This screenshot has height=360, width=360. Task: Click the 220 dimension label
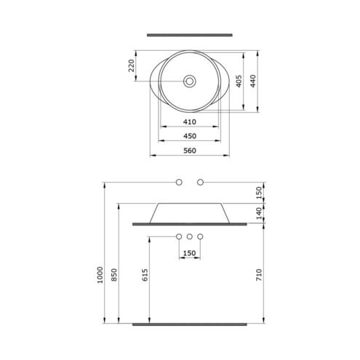pyautogui.click(x=131, y=65)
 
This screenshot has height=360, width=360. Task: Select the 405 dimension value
pyautogui.click(x=239, y=81)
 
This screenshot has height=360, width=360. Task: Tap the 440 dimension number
pyautogui.click(x=253, y=81)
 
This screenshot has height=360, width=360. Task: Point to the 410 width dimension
pyautogui.click(x=189, y=121)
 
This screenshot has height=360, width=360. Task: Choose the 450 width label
pyautogui.click(x=189, y=136)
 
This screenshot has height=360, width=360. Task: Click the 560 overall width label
pyautogui.click(x=189, y=151)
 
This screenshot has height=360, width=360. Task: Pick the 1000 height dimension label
pyautogui.click(x=100, y=275)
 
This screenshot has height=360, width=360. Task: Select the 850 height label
pyautogui.click(x=114, y=275)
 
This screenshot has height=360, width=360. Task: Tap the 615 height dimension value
pyautogui.click(x=145, y=275)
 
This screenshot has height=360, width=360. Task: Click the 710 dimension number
pyautogui.click(x=259, y=275)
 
